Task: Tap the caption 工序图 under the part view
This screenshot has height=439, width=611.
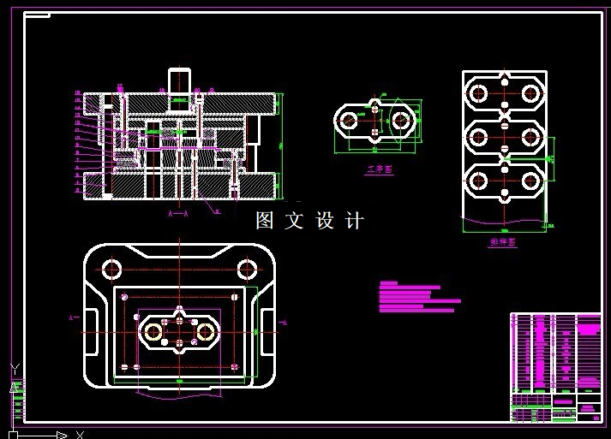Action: pos(378,170)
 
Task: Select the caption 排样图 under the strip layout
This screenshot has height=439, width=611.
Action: pos(503,243)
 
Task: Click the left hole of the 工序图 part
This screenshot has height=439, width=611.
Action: pos(350,121)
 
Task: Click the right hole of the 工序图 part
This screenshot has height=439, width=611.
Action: pos(401,121)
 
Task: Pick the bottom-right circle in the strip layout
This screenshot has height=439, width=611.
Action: pos(531,180)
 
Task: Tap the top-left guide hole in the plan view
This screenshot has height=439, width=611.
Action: pos(112,269)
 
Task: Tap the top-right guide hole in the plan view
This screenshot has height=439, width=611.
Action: pos(248,269)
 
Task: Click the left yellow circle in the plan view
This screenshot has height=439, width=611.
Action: pos(155,330)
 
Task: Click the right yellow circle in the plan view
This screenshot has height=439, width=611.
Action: pos(205,330)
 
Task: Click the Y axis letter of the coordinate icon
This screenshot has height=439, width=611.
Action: pos(14,369)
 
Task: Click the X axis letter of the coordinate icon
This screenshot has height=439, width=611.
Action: pos(79,435)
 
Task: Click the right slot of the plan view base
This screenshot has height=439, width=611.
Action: pos(267,330)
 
